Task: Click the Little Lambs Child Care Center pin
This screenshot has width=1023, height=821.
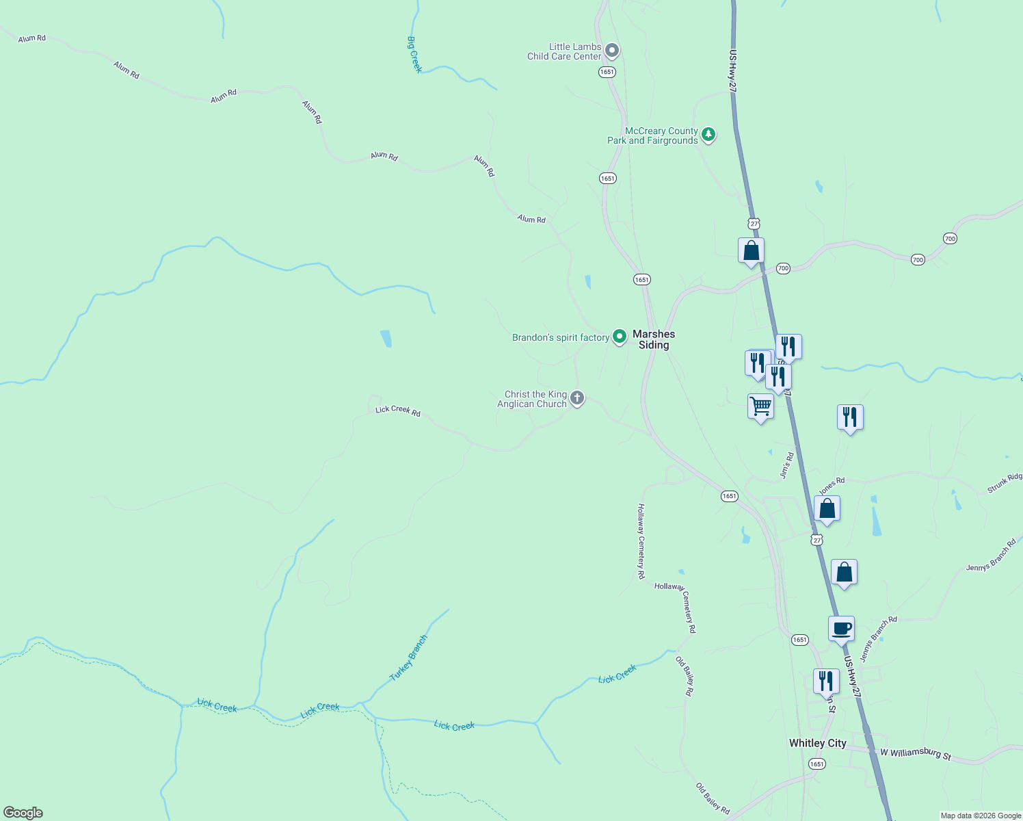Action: point(612,51)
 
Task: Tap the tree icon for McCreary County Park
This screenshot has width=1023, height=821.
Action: point(708,134)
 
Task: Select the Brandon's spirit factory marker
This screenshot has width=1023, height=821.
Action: point(619,337)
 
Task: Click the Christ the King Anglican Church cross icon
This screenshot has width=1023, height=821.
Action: point(577,398)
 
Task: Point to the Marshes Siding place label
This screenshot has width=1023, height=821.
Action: point(654,339)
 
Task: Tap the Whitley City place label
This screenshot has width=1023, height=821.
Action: point(817,743)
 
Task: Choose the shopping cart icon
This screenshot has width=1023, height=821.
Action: point(760,406)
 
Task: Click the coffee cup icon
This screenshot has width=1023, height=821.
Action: point(841,628)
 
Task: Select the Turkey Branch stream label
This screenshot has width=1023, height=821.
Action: point(408,658)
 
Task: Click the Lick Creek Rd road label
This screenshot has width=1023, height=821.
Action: point(398,410)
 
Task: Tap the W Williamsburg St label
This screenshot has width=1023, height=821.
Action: point(916,753)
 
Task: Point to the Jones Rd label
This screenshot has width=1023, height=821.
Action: point(832,486)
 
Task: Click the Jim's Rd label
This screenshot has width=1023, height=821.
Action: point(787,465)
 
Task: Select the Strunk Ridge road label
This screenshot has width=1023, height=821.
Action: point(1005,482)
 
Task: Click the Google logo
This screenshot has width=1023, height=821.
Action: point(23,813)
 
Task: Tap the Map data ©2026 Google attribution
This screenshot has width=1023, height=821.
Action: point(980,816)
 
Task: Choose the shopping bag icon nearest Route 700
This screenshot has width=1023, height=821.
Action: point(751,250)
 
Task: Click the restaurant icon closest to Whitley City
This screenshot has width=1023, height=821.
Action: point(826,681)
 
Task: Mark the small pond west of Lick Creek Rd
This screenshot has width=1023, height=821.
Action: point(386,339)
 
